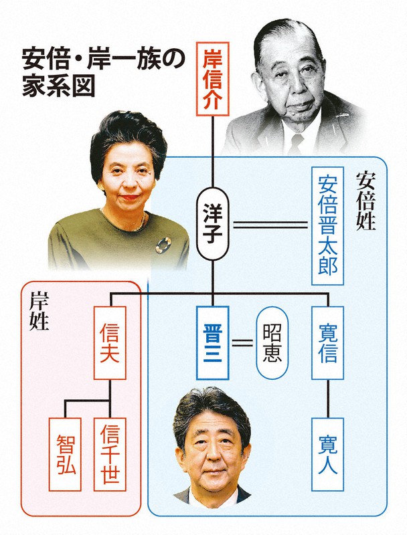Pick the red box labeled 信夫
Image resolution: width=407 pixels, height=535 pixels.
click(109, 343)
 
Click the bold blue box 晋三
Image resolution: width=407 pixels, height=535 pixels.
click(213, 343)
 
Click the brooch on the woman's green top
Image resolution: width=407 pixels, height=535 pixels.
click(163, 245)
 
